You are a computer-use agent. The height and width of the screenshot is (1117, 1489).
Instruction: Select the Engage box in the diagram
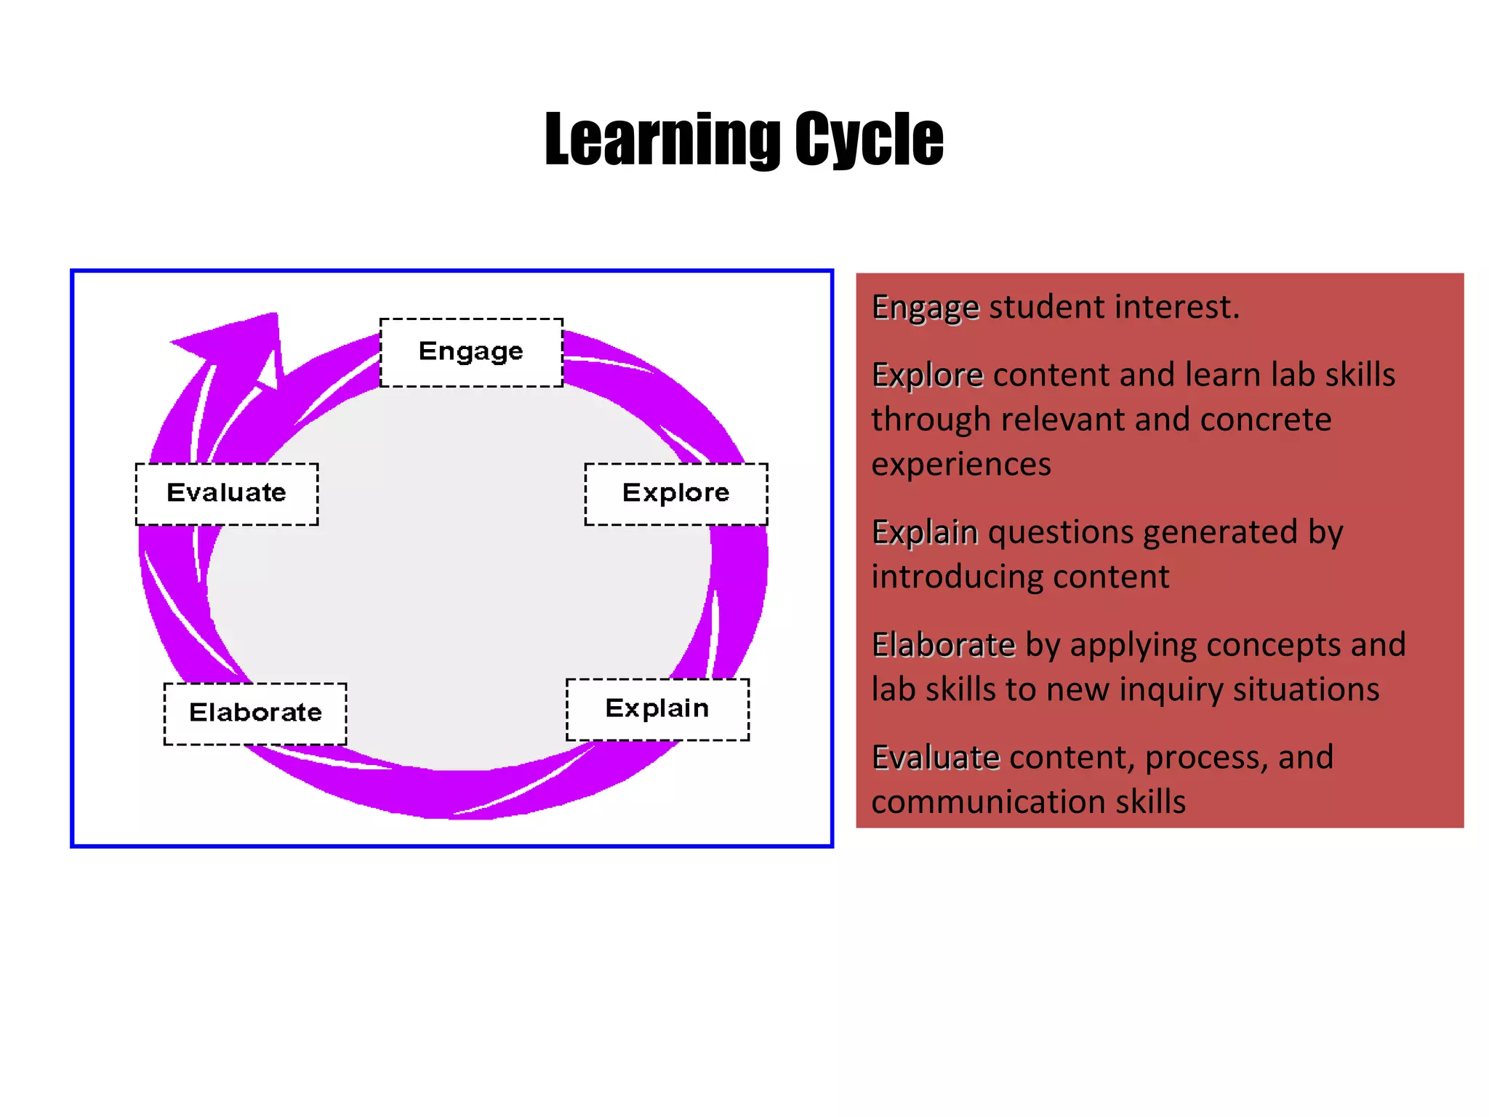pos(471,352)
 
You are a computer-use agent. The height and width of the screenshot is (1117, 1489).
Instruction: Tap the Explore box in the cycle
pos(676,494)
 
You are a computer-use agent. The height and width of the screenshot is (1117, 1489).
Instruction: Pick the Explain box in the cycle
pos(657,709)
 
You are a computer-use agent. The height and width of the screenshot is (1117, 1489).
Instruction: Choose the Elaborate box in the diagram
pos(255,713)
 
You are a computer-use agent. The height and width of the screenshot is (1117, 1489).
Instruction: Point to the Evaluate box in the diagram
pos(227,494)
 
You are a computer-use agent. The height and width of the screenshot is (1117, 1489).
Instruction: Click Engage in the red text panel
pos(925,308)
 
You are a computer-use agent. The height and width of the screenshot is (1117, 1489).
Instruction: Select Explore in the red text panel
pos(927,375)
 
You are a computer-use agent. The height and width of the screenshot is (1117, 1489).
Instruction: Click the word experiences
pos(961,465)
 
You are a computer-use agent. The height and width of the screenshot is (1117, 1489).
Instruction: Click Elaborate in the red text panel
pos(943,645)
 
